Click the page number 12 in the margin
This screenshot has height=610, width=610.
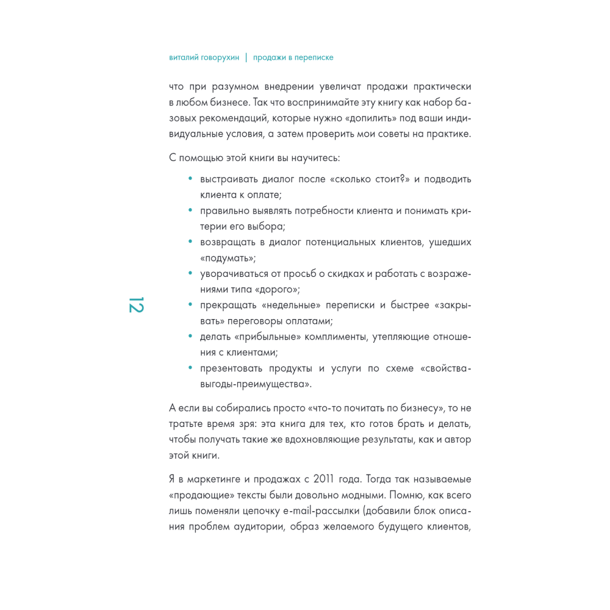coord(135,304)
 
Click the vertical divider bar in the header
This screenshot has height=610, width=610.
coord(246,58)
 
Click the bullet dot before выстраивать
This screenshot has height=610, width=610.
coord(190,179)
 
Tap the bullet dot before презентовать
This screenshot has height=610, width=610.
coord(190,368)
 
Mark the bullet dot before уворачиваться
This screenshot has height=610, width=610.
coord(190,274)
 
